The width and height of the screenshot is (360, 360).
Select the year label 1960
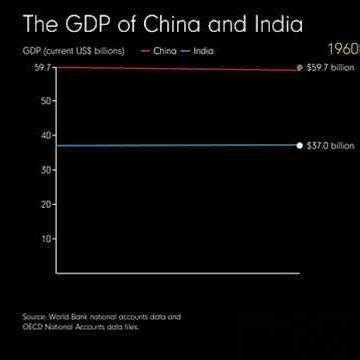coord(341,47)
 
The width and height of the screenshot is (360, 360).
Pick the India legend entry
coord(203,50)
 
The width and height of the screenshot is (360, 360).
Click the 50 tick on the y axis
coord(46,101)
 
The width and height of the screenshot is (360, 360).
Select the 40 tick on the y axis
coord(46,135)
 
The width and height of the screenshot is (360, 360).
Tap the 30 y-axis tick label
coord(46,170)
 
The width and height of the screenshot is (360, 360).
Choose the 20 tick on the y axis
coord(46,204)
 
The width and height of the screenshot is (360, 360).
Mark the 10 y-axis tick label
coord(46,239)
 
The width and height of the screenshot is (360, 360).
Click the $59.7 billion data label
coord(330,68)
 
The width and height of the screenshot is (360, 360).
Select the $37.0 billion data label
coord(330,145)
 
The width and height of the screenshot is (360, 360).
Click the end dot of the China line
coord(299,68)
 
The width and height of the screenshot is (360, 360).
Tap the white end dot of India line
coord(299,145)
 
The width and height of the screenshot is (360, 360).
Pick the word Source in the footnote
coord(33,318)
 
